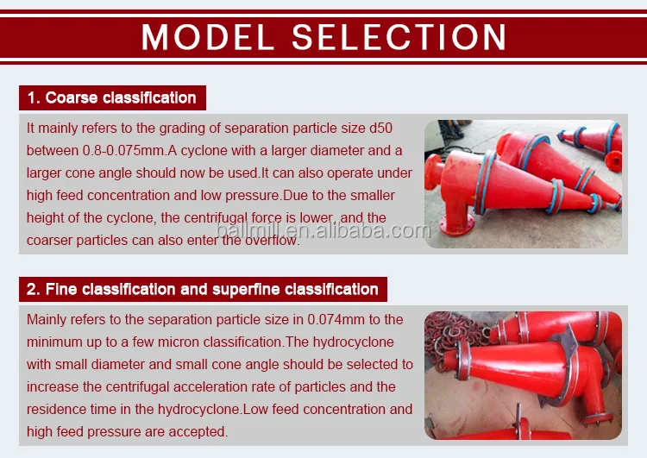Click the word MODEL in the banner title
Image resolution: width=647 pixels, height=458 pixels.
click(x=208, y=37)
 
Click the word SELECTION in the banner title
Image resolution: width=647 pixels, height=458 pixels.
click(x=399, y=37)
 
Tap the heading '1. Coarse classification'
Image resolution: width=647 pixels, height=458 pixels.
click(x=112, y=97)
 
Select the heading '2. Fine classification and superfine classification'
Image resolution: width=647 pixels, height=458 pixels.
click(x=202, y=289)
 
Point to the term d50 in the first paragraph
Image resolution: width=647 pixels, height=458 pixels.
click(x=380, y=128)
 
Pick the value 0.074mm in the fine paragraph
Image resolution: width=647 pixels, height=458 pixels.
click(x=336, y=319)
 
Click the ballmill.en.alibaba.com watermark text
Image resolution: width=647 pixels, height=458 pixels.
click(x=323, y=230)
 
